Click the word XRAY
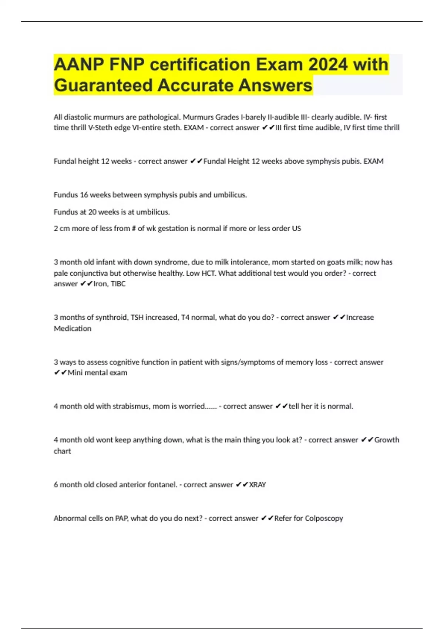coord(258,485)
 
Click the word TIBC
coord(118,284)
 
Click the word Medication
coord(73,329)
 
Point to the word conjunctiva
coord(91,273)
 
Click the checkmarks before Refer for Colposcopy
coord(267,518)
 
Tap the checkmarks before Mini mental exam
coord(60,373)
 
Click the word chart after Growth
coord(62,451)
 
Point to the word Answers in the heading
coord(275,85)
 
